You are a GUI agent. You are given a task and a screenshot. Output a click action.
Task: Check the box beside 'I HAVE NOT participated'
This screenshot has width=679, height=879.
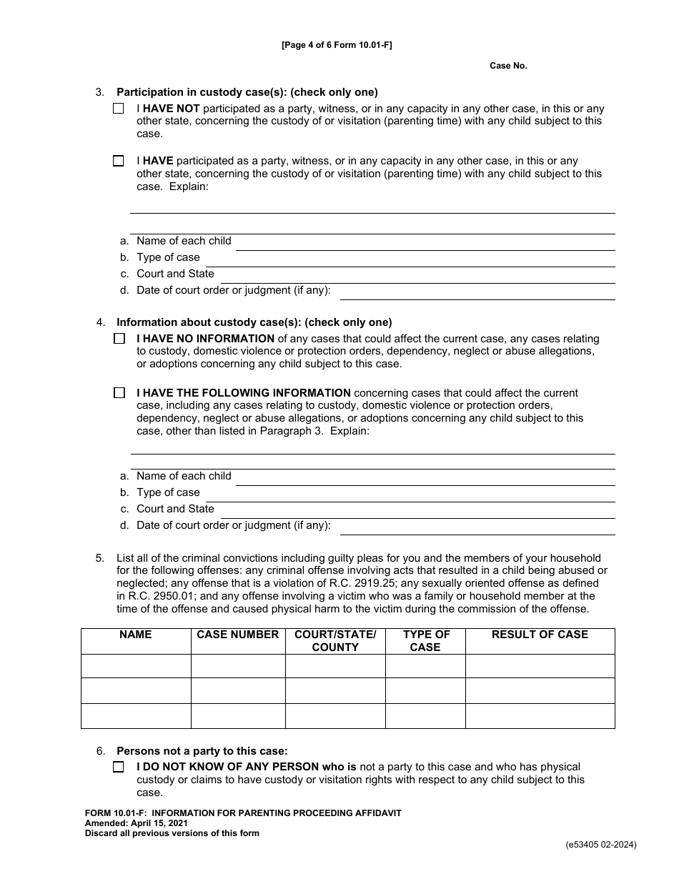(x=119, y=109)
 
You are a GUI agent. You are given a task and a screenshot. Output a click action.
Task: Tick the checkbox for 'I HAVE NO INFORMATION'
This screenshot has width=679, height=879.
(x=119, y=339)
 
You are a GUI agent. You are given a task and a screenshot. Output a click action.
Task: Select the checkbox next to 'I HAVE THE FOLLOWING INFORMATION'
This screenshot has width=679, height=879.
(x=119, y=393)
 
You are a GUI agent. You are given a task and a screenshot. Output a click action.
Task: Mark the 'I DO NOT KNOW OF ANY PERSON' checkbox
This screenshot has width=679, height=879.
(x=119, y=767)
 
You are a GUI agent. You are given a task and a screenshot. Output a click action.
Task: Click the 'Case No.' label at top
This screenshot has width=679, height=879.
(x=508, y=66)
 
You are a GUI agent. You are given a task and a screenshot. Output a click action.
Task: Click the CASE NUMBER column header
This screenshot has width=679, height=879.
(x=237, y=635)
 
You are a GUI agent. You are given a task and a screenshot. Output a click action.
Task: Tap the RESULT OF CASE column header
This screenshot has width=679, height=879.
(x=540, y=635)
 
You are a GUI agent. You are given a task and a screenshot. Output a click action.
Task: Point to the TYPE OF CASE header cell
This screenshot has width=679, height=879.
(x=425, y=640)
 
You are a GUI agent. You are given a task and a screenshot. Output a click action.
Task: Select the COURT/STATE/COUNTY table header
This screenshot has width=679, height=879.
(x=335, y=640)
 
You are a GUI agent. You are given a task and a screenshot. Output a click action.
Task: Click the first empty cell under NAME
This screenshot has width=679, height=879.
(x=136, y=666)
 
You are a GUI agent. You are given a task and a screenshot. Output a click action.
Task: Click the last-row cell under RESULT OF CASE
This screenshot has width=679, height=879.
(x=540, y=715)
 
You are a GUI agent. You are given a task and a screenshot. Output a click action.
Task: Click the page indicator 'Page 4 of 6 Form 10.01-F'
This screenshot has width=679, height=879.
(x=337, y=45)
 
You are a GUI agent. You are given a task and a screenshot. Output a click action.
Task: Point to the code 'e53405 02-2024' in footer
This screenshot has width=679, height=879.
(x=600, y=845)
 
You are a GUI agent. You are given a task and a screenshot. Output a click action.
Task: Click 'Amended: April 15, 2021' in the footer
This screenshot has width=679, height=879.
(x=136, y=823)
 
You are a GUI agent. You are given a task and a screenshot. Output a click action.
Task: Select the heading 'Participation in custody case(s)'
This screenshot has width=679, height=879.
(x=247, y=92)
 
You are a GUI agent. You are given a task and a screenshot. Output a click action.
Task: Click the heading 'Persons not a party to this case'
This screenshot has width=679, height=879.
(x=202, y=750)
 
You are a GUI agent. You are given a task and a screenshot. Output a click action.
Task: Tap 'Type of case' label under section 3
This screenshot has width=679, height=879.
(x=168, y=257)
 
